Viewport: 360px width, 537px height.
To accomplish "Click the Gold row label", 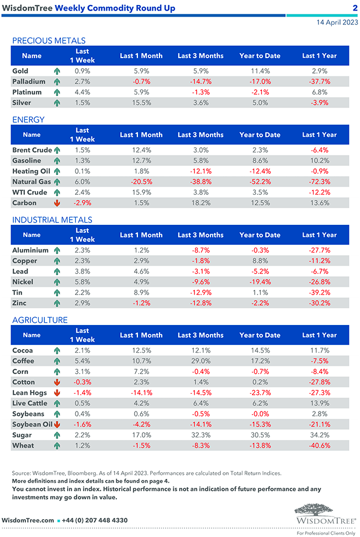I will pyautogui.click(x=20, y=71).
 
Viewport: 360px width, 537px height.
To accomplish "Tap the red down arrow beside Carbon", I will pyautogui.click(x=56, y=203).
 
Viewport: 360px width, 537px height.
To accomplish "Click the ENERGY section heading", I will pyautogui.click(x=28, y=120).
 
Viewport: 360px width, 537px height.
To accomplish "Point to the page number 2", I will pyautogui.click(x=354, y=8).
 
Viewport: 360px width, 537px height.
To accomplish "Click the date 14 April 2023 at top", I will pyautogui.click(x=335, y=23).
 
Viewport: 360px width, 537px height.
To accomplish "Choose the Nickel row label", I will pyautogui.click(x=23, y=282).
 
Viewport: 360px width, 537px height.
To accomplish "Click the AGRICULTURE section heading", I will pyautogui.click(x=40, y=320).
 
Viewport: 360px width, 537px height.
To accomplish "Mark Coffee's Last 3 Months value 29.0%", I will pyautogui.click(x=200, y=361).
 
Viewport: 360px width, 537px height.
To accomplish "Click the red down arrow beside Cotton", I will pyautogui.click(x=56, y=382).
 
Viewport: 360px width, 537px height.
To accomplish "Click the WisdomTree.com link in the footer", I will pyautogui.click(x=28, y=520).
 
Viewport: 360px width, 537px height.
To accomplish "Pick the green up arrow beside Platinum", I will pyautogui.click(x=56, y=92).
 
